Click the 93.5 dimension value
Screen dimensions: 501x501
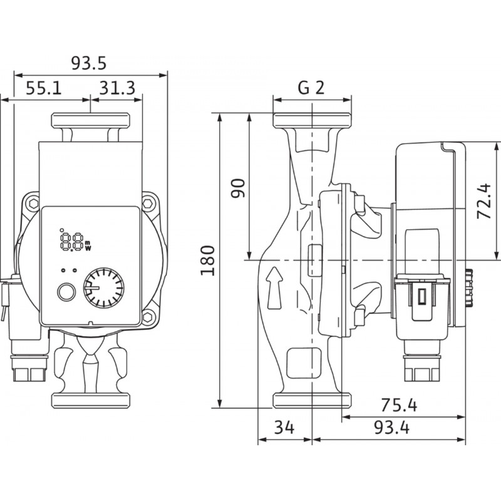point(88,63)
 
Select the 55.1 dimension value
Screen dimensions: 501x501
point(44,88)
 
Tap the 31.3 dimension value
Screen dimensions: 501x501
point(117,88)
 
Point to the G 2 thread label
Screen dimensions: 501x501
point(311,87)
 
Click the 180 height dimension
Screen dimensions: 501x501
point(208,261)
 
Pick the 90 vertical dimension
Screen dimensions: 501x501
point(238,189)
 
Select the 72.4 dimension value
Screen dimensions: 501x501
point(483,201)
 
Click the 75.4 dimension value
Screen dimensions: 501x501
point(399,405)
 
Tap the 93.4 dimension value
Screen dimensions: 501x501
point(392,428)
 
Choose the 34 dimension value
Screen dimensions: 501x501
point(284,427)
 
